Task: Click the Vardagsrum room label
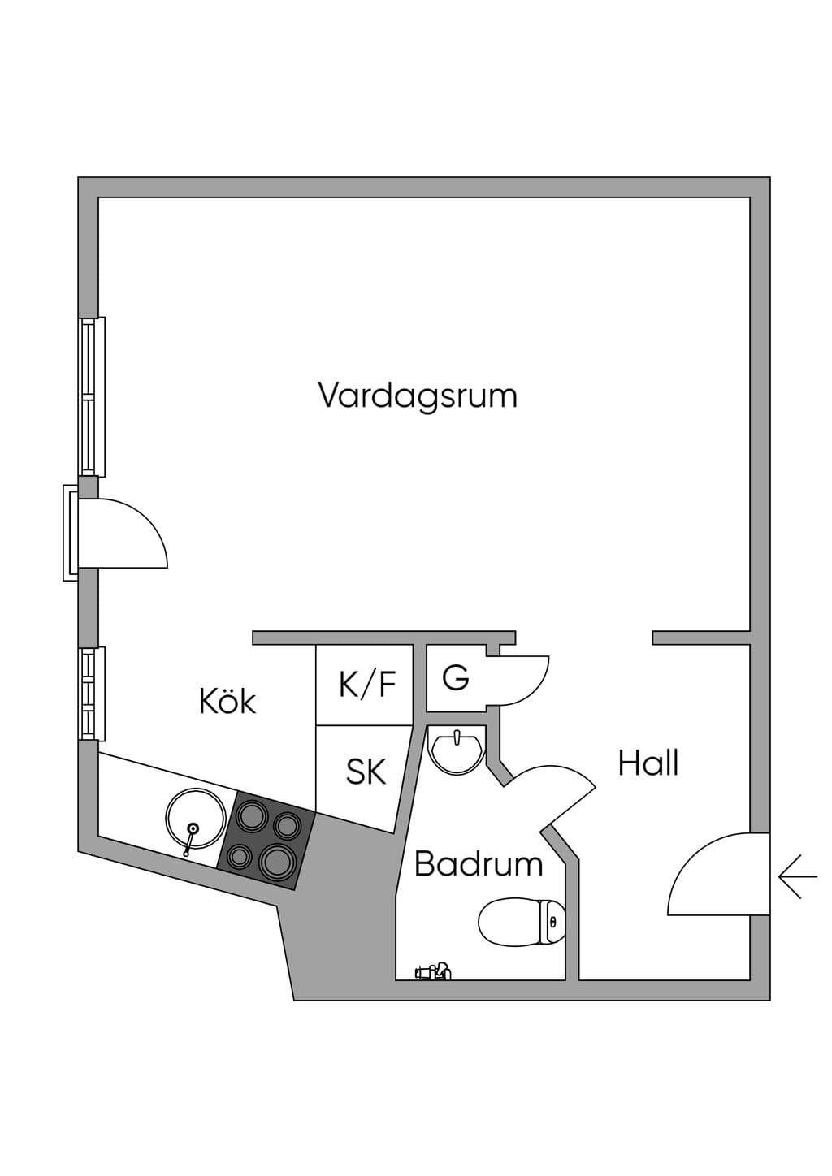[x=418, y=396]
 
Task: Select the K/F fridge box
[x=364, y=685]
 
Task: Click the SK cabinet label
[x=366, y=772]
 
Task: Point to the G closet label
[x=455, y=677]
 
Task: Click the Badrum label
[x=479, y=864]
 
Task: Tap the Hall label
[x=648, y=763]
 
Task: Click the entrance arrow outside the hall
[x=798, y=877]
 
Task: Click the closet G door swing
[x=524, y=680]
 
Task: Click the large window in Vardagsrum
[x=92, y=396]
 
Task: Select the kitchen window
[x=92, y=694]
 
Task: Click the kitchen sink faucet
[x=189, y=838]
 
